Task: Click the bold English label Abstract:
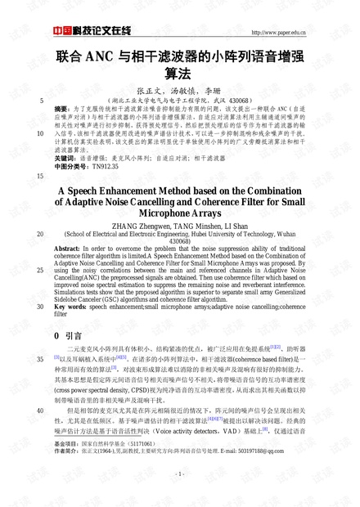pos(66,247)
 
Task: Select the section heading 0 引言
pos(67,335)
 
